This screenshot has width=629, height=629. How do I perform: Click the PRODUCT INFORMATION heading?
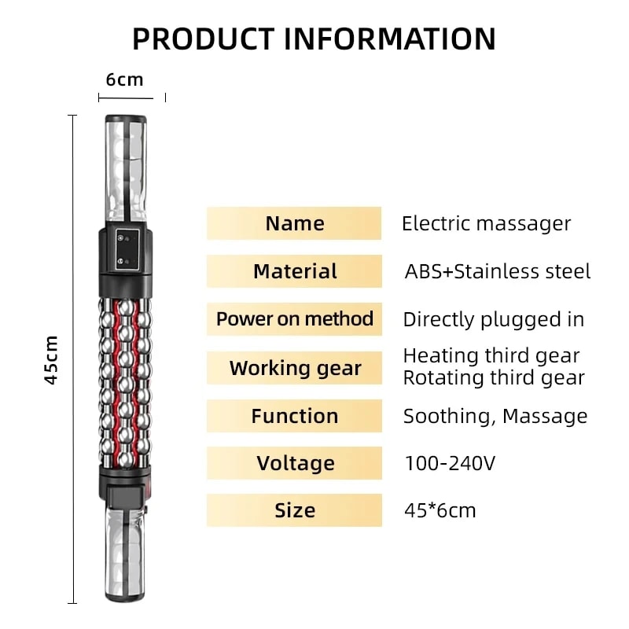(x=314, y=38)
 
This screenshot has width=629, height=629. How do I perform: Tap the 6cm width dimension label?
(x=125, y=79)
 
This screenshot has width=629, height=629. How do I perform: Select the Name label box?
(x=294, y=223)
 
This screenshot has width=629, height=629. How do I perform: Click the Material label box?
(x=294, y=271)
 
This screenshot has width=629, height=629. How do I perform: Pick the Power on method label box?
(x=294, y=319)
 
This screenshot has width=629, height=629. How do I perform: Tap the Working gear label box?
(x=294, y=368)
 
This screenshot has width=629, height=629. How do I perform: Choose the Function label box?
(x=294, y=416)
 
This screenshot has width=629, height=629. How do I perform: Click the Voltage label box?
(x=294, y=463)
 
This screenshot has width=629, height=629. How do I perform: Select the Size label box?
(x=294, y=510)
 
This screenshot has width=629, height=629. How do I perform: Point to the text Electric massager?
(x=486, y=223)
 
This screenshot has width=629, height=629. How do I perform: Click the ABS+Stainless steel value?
(x=497, y=271)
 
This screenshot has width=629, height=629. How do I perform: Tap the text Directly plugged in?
(x=493, y=319)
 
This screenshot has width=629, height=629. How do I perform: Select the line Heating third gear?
(x=491, y=355)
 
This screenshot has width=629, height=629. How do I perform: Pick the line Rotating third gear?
(x=493, y=377)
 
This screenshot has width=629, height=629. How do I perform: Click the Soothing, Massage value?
(x=495, y=416)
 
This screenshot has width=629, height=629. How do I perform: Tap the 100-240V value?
(x=450, y=463)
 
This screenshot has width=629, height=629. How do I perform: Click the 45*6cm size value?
(x=440, y=510)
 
